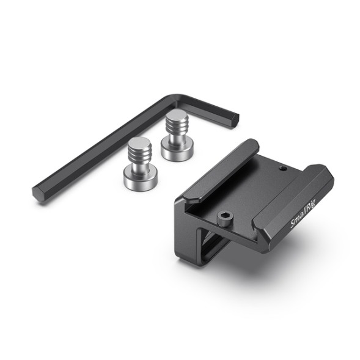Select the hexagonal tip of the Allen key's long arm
click(38, 194)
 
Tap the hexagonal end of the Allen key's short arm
click(232, 118)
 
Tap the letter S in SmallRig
click(294, 226)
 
